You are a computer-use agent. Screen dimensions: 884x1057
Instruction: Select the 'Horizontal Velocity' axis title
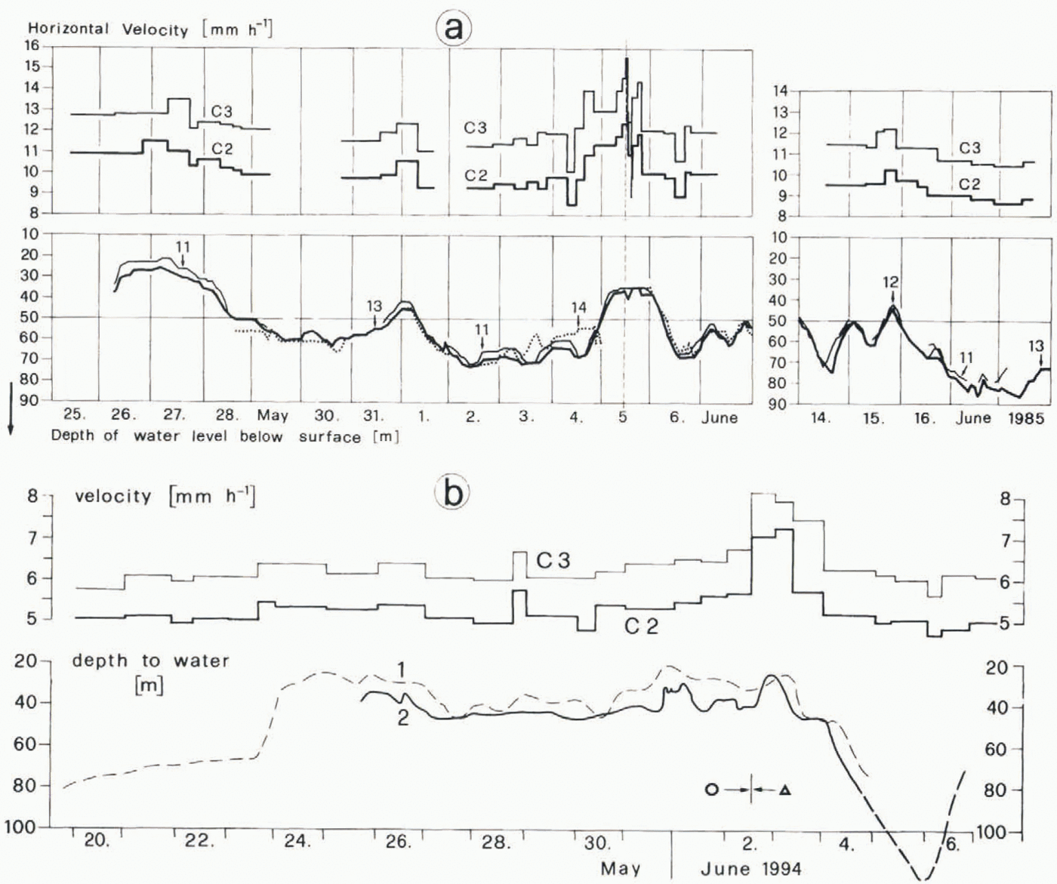[108, 29]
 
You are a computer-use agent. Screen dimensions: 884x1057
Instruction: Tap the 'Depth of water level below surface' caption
[224, 436]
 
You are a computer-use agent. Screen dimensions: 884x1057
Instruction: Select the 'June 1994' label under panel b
[750, 868]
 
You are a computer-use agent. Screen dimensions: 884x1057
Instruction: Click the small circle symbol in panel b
[711, 790]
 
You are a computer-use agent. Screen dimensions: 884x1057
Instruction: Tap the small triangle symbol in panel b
[785, 790]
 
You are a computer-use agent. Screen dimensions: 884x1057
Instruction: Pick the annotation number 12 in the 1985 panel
[891, 282]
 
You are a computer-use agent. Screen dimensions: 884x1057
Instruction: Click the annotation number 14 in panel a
[578, 307]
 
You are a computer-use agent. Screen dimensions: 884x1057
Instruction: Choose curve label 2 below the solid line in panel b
[402, 717]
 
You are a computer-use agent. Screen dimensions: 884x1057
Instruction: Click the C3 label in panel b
[553, 560]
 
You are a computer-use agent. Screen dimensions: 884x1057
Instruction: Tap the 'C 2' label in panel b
[641, 626]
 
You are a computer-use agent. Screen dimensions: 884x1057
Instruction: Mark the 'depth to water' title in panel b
[150, 661]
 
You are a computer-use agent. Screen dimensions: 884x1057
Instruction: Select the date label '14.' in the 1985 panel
[821, 417]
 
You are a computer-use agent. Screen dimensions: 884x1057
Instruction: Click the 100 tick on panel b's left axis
[25, 827]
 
